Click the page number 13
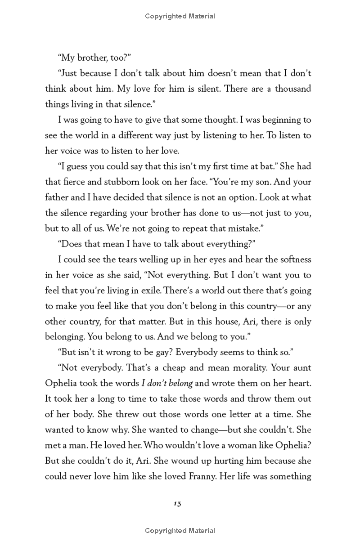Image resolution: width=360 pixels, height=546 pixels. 176,504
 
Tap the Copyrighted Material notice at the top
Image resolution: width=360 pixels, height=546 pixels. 180,16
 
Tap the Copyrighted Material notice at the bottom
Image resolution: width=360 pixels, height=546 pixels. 180,531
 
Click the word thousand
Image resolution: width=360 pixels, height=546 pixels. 293,89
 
